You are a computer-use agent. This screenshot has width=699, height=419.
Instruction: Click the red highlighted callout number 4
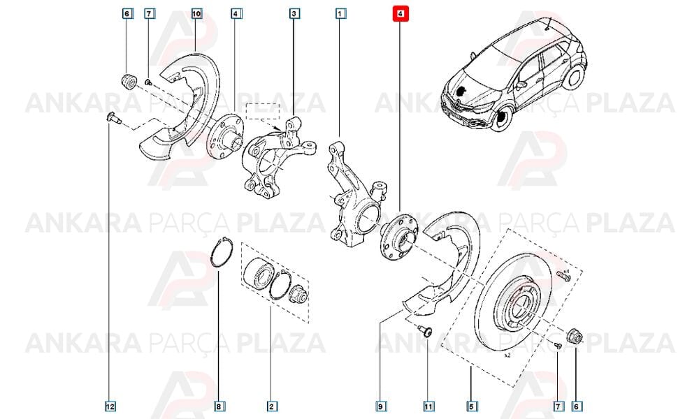coord(400,14)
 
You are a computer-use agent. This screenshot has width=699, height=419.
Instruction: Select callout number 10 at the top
coord(196,14)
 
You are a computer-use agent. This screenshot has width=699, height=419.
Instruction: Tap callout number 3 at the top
coord(294,14)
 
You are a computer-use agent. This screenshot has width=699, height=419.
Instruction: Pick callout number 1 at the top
coord(340,14)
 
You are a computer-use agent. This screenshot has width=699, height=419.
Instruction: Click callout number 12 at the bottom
coord(110,406)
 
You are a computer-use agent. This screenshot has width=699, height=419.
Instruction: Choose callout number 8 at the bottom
coord(218,406)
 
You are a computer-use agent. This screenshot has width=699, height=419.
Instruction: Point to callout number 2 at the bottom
coord(271,406)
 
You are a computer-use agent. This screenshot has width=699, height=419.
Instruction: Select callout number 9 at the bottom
coord(380,406)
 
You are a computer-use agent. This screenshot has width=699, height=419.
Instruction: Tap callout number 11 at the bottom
coord(428,406)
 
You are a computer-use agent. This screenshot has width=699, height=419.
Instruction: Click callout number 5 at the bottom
coord(472,406)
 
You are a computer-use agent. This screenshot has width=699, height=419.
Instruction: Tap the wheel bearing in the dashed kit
coord(259,273)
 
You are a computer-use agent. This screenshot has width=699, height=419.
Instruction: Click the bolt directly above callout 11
coord(426,332)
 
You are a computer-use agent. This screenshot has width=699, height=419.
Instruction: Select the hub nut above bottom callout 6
coord(575,336)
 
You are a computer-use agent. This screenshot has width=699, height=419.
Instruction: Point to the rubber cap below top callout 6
coord(129,82)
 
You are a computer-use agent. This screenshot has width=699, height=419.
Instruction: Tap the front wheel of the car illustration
coord(503,118)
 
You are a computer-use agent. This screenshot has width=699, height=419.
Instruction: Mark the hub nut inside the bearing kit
coord(297,293)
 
